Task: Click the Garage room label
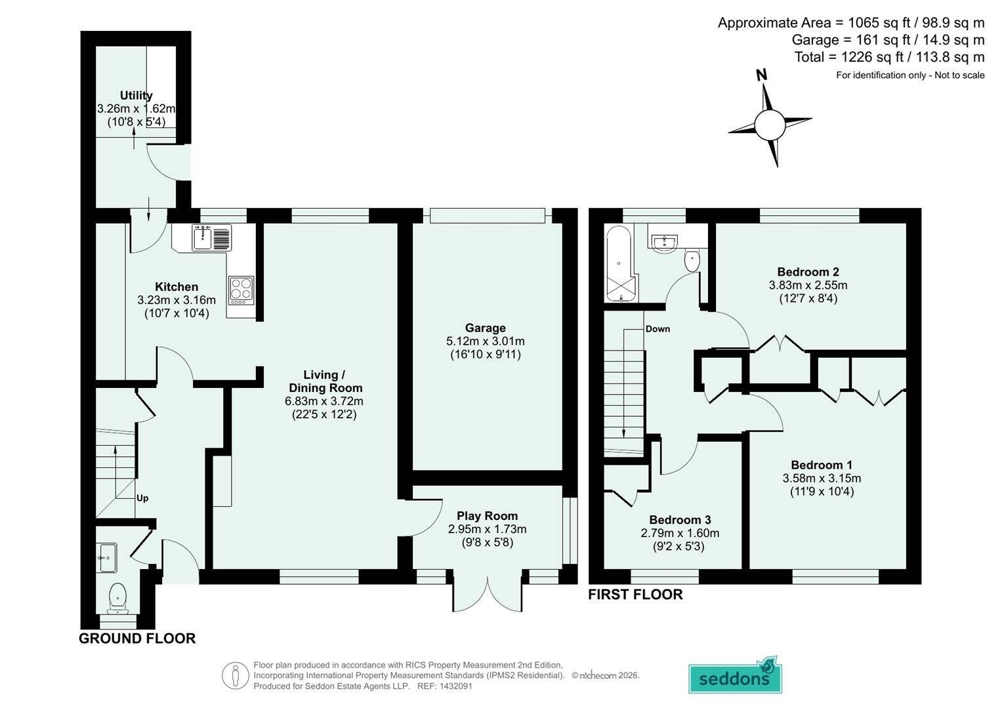[485, 328]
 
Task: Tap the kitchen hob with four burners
[241, 290]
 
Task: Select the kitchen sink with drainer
[211, 237]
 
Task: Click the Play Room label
[487, 516]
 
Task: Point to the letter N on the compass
[761, 75]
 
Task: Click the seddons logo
[735, 676]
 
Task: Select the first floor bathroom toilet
[692, 261]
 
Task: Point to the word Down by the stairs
[657, 329]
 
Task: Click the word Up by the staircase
[142, 498]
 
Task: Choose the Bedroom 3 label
[680, 520]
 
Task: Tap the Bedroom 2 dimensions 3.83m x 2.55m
[808, 286]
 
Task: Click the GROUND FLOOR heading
[137, 638]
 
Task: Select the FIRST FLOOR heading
[635, 594]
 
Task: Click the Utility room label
[136, 96]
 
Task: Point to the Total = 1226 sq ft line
[888, 57]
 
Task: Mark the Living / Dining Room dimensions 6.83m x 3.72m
[324, 401]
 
